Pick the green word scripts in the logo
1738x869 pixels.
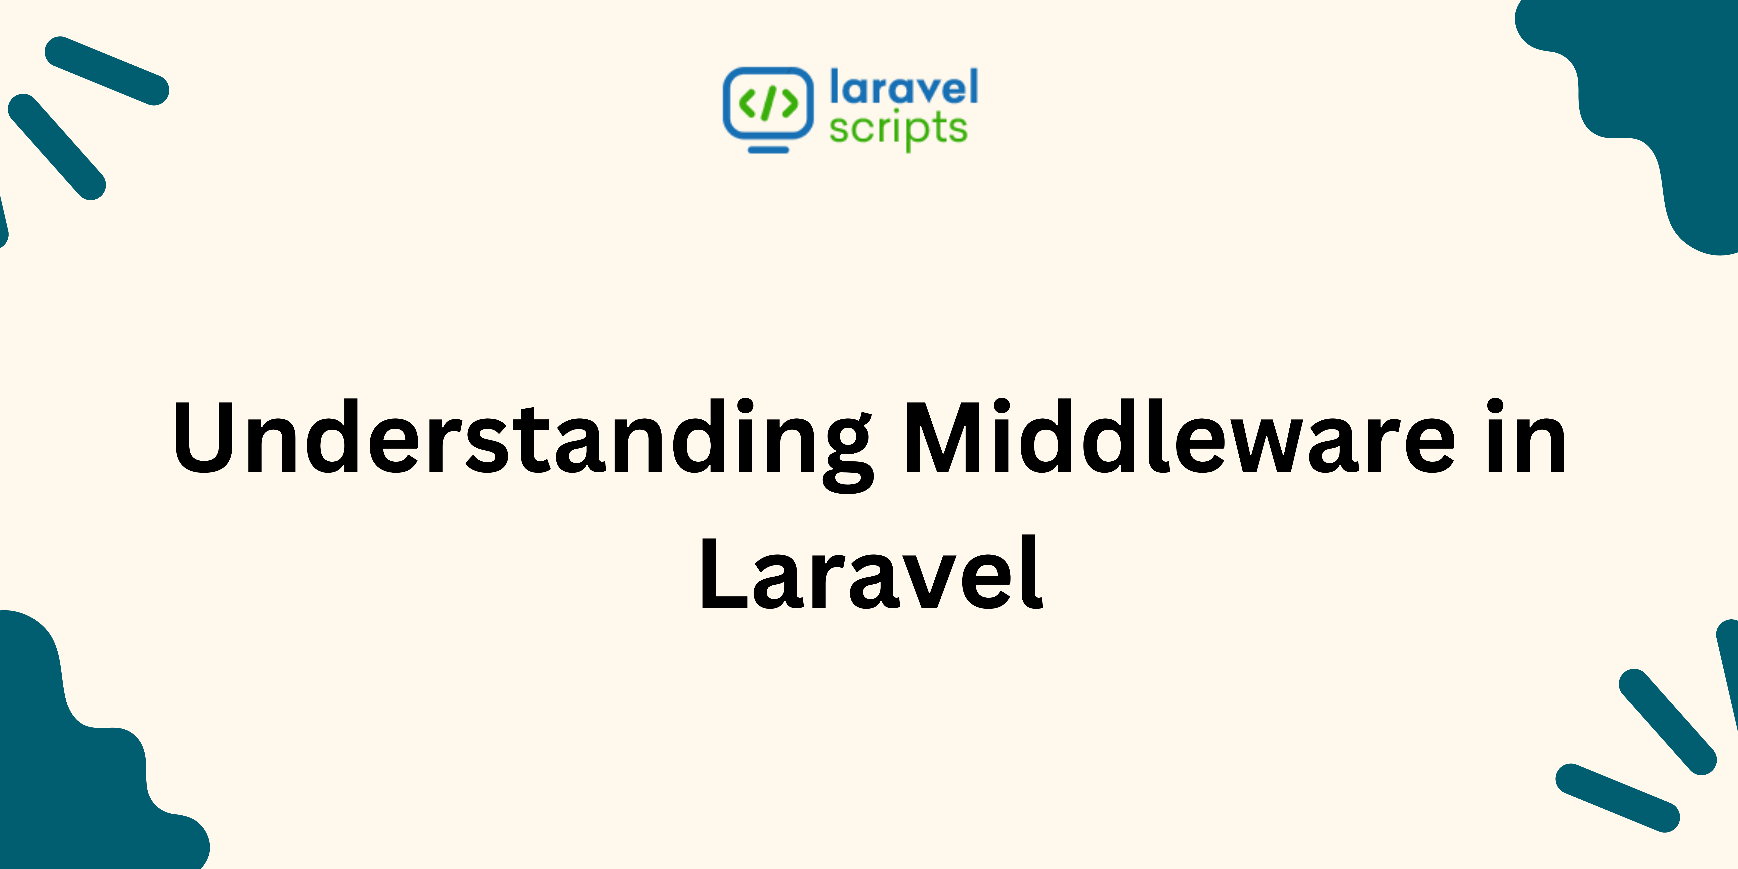coord(897,128)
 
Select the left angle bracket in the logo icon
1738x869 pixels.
coord(748,103)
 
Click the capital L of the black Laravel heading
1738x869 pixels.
coord(722,574)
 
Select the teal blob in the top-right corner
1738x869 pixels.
coord(1667,101)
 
